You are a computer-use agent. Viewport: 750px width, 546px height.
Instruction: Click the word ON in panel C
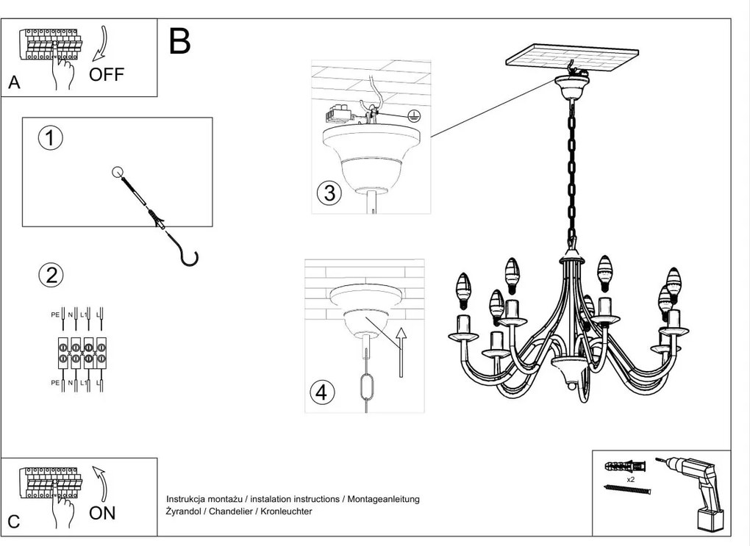[102, 512]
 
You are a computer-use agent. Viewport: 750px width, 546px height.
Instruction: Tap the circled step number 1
[51, 138]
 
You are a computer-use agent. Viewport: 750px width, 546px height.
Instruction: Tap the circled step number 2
[51, 275]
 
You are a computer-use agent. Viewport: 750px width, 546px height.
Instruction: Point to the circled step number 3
[329, 193]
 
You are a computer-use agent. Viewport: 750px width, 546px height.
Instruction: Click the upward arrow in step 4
[400, 351]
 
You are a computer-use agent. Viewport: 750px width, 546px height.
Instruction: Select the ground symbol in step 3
[414, 115]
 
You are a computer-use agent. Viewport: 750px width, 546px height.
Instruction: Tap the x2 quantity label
[630, 478]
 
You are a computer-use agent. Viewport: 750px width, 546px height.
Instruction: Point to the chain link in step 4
[366, 387]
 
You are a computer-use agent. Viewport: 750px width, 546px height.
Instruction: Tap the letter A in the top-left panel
[14, 83]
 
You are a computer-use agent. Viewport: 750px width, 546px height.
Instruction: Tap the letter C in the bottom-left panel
[14, 522]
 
